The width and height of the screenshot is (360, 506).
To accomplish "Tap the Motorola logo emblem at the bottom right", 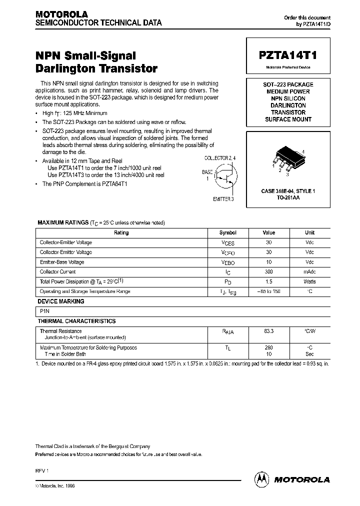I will (261, 479).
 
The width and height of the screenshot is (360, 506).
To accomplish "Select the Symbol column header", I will (227, 233).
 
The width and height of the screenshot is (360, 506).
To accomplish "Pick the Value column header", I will (269, 233).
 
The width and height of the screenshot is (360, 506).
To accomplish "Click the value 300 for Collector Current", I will (269, 271).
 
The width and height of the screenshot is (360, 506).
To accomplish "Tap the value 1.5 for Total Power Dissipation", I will (269, 281).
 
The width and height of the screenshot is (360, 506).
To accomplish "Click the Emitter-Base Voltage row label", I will (62, 262).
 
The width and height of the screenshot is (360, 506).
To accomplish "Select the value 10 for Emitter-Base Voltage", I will (269, 262).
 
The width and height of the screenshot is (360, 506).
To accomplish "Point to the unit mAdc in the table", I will (309, 271).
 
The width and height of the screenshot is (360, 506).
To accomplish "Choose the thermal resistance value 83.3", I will (269, 331).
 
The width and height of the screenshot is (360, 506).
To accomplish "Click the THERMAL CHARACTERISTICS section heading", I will (76, 321).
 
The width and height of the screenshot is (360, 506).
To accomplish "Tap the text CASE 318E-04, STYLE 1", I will (288, 191).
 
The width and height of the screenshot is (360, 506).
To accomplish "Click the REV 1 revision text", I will (41, 471).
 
